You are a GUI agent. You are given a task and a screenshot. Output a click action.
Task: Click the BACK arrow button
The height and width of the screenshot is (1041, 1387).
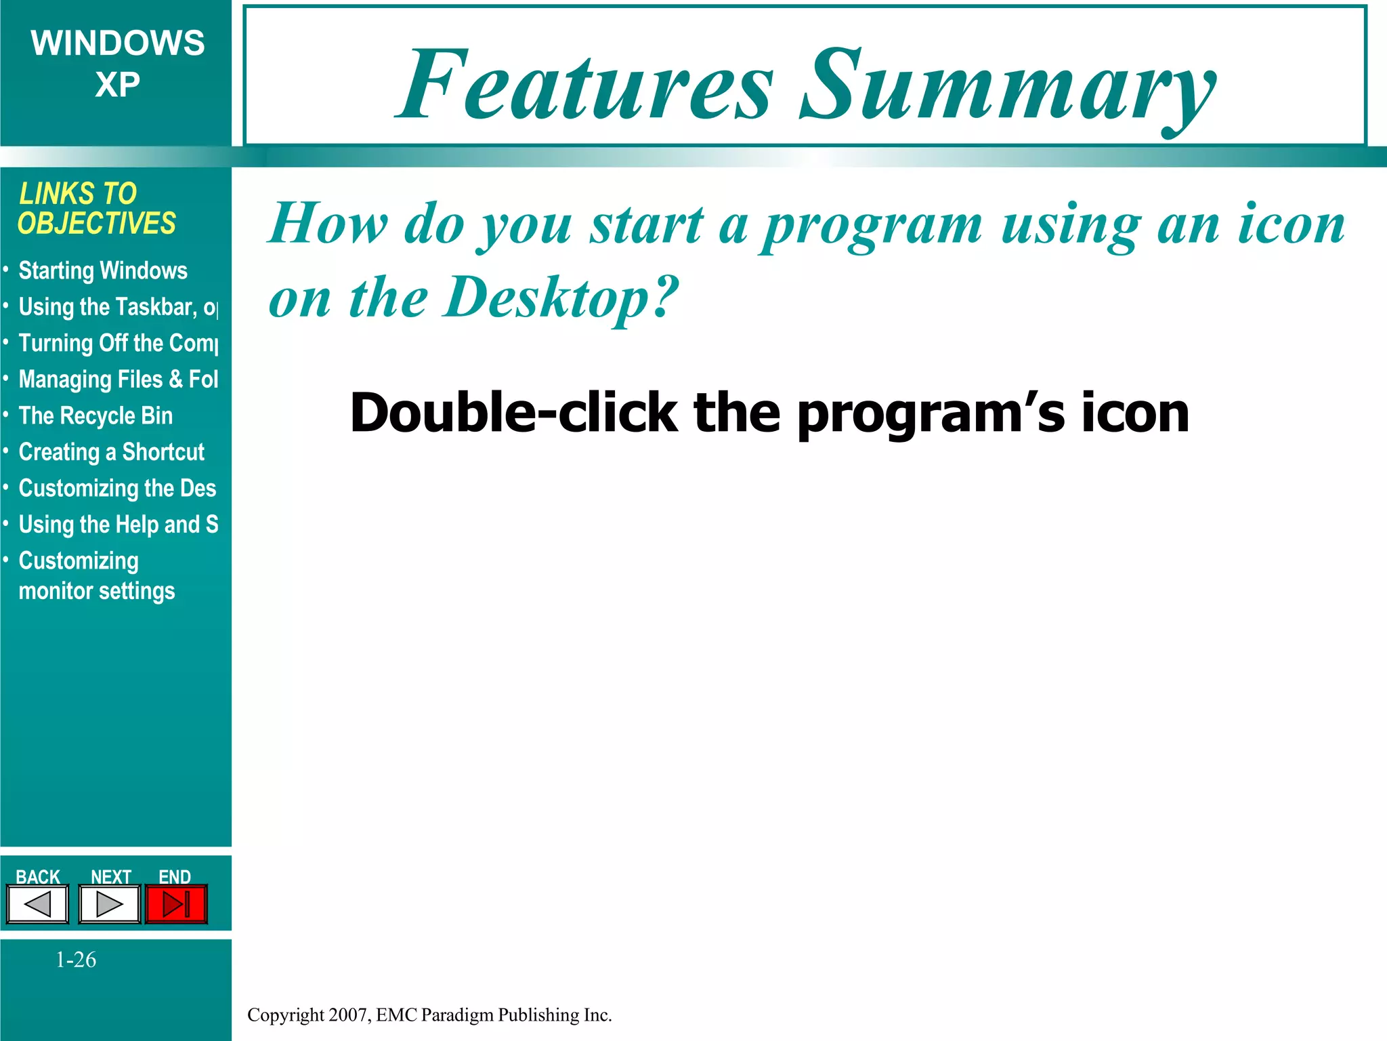click(x=38, y=904)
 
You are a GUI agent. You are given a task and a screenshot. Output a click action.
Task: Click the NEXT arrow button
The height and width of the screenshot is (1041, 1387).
click(x=110, y=904)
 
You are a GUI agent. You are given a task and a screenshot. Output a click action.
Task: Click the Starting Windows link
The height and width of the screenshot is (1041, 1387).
click(x=103, y=271)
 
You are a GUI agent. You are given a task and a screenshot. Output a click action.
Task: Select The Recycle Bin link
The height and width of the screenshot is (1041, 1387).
click(x=95, y=416)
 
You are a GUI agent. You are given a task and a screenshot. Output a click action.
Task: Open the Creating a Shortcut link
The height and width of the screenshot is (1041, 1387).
click(x=111, y=452)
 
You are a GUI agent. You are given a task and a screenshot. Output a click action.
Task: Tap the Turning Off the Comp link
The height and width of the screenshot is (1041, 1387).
click(x=119, y=344)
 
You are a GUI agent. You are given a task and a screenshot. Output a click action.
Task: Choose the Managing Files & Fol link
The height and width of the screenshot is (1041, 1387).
click(x=119, y=380)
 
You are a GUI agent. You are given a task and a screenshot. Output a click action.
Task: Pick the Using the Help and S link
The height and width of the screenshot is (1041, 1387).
click(x=119, y=525)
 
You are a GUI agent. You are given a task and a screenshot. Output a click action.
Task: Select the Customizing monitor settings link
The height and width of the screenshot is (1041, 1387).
click(x=96, y=576)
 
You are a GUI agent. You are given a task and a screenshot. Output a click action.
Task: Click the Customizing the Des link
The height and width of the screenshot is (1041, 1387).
click(x=117, y=489)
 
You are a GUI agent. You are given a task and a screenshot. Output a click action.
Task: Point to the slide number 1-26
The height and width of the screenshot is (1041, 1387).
click(x=76, y=960)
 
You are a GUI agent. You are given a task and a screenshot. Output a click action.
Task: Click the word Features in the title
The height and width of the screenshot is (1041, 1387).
click(x=585, y=85)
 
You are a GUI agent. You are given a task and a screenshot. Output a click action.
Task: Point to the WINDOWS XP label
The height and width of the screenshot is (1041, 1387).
click(x=117, y=64)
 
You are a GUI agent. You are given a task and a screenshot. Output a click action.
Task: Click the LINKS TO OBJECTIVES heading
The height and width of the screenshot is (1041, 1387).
click(x=96, y=209)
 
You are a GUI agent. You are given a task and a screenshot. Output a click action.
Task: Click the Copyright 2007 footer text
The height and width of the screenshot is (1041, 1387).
click(x=429, y=1015)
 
